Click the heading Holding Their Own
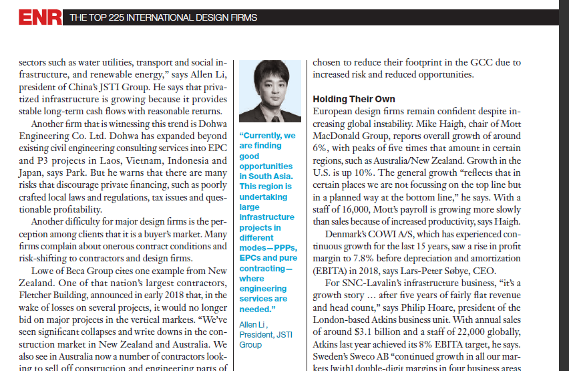pyautogui.click(x=354, y=99)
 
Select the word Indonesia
pyautogui.click(x=188, y=160)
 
